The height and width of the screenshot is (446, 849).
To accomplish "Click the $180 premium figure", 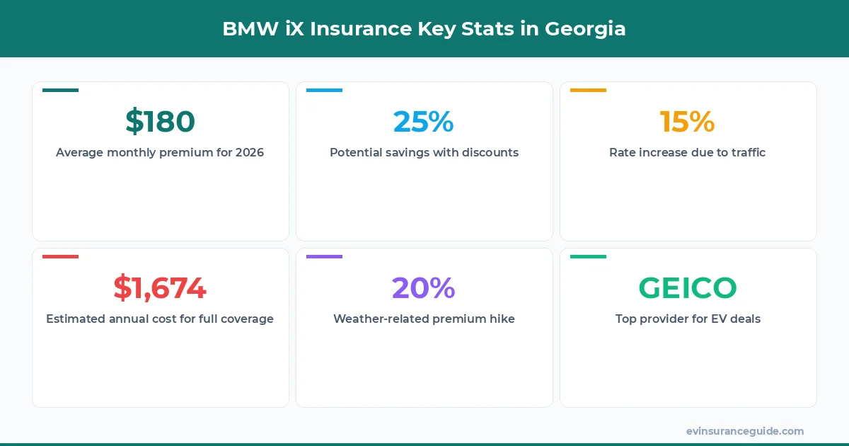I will click(x=160, y=122).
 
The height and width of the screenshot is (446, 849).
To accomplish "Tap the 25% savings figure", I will click(x=424, y=122).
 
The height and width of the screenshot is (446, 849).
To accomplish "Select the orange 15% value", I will click(x=687, y=122).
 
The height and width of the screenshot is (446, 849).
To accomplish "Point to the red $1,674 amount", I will click(x=160, y=288).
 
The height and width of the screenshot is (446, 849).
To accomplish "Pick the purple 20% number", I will click(x=424, y=288).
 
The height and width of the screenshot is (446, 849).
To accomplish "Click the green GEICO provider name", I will click(x=688, y=288).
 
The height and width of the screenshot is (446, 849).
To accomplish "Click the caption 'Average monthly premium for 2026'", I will click(x=160, y=152).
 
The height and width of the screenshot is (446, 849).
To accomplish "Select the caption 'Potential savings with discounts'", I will click(x=424, y=152).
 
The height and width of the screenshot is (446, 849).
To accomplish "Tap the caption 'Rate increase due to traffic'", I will click(x=687, y=152).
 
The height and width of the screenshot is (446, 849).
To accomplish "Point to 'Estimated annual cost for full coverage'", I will click(x=160, y=319).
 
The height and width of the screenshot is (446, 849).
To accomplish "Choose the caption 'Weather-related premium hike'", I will click(x=424, y=319).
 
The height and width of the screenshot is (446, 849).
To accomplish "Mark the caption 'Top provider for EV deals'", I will click(x=688, y=319).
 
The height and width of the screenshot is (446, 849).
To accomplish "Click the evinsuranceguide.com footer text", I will click(x=744, y=431).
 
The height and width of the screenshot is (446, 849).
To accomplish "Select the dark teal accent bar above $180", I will click(x=60, y=90).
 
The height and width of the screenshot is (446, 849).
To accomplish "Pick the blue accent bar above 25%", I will click(x=324, y=90).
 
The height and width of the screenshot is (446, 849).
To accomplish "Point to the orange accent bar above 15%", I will click(x=588, y=90).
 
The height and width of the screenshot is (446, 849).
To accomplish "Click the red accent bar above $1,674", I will click(x=60, y=256).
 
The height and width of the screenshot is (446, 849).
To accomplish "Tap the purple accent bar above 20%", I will click(x=324, y=256).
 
